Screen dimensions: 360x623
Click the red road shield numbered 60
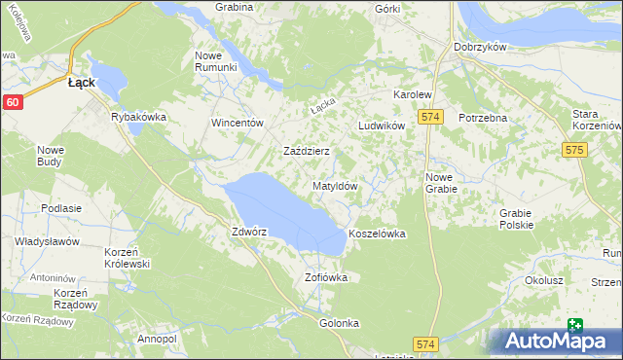12,102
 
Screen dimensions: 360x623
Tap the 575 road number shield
573,150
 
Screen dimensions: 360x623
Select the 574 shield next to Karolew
432,117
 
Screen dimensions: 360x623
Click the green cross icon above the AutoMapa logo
575,327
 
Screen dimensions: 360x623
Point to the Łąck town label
81,84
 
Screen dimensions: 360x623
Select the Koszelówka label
377,234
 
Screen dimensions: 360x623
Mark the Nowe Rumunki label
216,60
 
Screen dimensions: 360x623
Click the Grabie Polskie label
516,219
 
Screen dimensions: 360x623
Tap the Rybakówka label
140,118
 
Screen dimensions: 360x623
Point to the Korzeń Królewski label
127,258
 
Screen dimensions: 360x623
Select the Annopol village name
157,338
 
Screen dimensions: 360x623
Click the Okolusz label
544,280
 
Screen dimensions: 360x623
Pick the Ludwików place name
381,127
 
